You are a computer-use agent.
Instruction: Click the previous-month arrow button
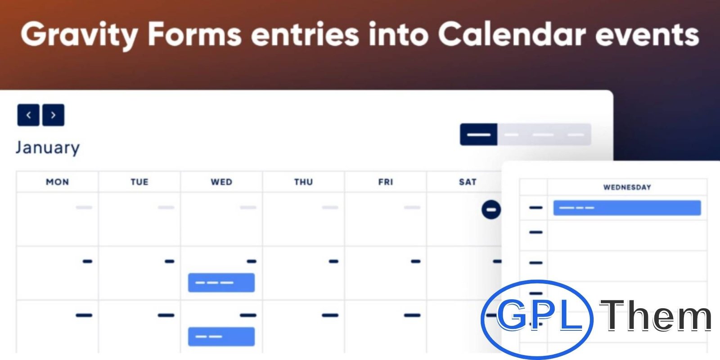tap(28, 115)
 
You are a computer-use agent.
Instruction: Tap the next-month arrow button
tap(54, 115)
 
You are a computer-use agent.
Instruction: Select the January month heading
tap(48, 148)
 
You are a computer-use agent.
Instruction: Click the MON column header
tap(58, 182)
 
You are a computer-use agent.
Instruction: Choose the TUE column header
tap(139, 182)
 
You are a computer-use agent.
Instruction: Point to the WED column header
tap(221, 182)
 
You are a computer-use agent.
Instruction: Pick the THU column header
tap(303, 182)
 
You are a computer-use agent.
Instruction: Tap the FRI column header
tap(386, 182)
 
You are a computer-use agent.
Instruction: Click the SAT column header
tap(468, 182)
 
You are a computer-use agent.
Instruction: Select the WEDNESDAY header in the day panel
tap(627, 187)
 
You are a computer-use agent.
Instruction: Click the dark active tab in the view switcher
tap(479, 135)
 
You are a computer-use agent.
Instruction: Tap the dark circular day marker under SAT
tap(491, 210)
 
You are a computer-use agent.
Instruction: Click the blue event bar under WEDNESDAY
tap(627, 207)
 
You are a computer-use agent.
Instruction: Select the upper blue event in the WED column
tap(221, 283)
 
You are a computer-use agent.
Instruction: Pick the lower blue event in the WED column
tap(221, 337)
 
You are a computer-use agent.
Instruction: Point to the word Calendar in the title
tap(512, 34)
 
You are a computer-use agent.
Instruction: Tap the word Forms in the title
tap(195, 34)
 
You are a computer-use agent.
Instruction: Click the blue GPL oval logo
tap(537, 319)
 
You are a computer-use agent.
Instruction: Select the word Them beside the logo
tap(655, 315)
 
